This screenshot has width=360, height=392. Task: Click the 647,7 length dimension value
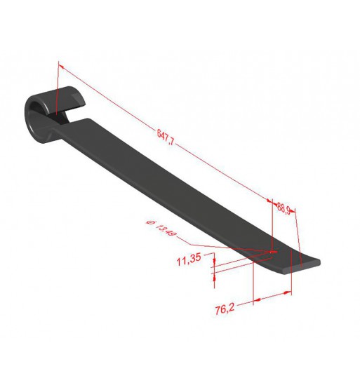pos(166,137)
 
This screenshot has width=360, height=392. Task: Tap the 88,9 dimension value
pos(284,208)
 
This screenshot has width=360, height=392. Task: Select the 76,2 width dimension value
pos(225,309)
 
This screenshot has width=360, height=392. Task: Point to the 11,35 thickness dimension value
pos(189,259)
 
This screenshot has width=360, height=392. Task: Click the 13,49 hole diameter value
pos(166,230)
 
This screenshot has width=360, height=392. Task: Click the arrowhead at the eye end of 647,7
pos(61,66)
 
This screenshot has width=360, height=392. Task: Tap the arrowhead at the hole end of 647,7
pos(269,201)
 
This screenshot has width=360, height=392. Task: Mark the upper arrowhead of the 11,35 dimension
pos(214,262)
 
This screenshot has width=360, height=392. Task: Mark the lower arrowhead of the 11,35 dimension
pos(214,277)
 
